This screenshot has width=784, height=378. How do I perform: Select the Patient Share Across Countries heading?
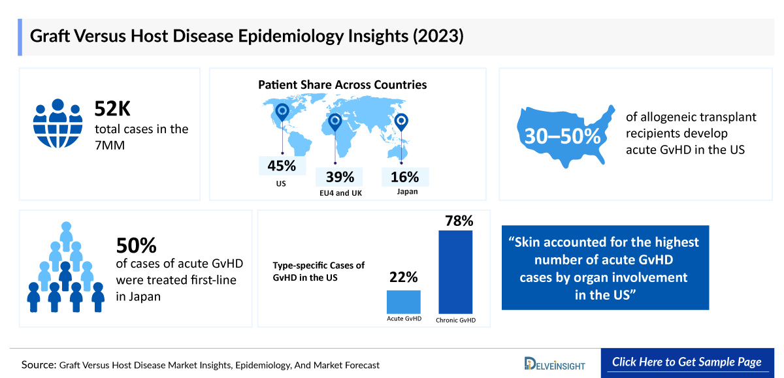(342, 85)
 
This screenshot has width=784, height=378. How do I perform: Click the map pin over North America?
(282, 112)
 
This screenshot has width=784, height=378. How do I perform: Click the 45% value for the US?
(281, 166)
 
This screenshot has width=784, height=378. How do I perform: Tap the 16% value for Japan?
(406, 177)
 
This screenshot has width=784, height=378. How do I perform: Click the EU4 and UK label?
(340, 193)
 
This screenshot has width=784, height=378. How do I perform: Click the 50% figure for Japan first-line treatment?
(137, 245)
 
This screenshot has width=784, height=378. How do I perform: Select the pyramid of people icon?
(65, 268)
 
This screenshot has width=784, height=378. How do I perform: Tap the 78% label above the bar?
(458, 221)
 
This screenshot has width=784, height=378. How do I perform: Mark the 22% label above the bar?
(402, 277)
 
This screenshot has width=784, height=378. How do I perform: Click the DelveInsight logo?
(555, 364)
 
